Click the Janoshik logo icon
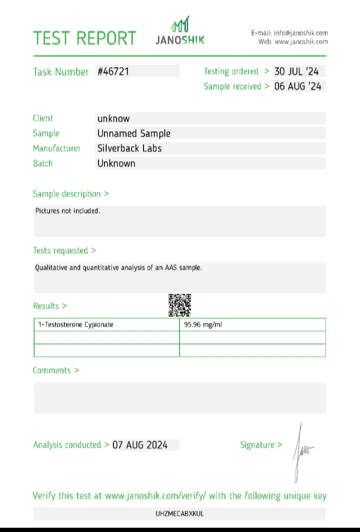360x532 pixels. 180,24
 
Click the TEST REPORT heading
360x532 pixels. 84,39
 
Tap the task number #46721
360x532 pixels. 113,72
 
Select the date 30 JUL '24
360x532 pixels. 297,72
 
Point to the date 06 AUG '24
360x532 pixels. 297,86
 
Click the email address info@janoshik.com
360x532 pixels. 300,33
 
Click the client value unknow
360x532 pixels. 113,119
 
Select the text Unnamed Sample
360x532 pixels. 133,134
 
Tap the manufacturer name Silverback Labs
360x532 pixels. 129,148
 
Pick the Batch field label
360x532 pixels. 42,163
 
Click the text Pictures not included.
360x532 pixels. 67,211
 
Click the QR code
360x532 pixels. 179,305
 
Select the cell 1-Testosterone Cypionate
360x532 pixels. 75,324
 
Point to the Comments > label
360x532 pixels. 56,370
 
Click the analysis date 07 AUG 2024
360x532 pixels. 140,445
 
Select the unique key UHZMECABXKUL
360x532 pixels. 180,513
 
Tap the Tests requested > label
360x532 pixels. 64,250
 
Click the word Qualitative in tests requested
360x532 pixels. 50,268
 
